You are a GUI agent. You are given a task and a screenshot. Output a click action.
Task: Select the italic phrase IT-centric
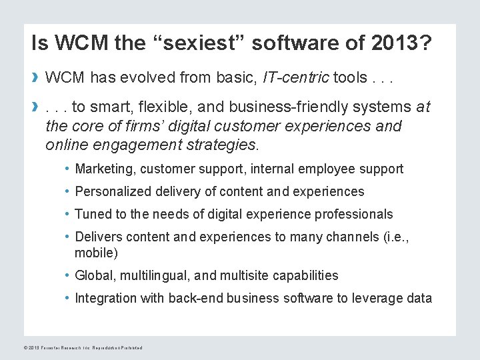click(x=296, y=79)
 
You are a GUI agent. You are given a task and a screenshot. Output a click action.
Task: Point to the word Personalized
click(x=113, y=191)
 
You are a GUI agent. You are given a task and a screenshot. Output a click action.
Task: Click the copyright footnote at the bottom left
click(x=83, y=347)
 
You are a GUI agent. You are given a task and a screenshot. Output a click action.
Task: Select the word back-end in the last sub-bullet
click(x=193, y=298)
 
